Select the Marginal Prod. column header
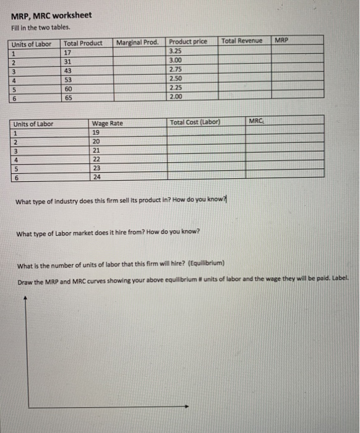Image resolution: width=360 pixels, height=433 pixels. (137, 42)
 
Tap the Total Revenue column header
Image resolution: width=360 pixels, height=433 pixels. (242, 41)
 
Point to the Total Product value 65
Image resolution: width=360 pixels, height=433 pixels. (69, 97)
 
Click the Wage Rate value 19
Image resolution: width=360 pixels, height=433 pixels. (95, 132)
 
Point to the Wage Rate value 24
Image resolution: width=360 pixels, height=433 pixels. (96, 176)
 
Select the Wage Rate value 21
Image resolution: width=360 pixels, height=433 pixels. (96, 150)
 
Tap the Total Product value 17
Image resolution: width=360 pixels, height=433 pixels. (69, 52)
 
